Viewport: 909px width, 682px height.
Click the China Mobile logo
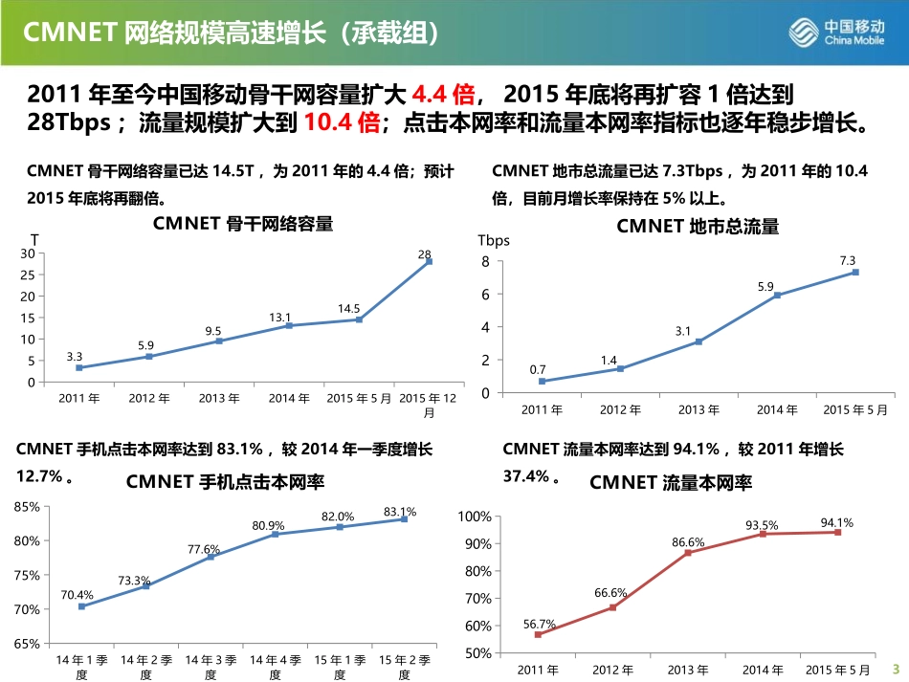coord(840,33)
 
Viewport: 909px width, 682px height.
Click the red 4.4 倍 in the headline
coord(443,95)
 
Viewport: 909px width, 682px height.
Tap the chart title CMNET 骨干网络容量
coord(242,225)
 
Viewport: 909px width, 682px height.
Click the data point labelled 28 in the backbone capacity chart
coord(429,261)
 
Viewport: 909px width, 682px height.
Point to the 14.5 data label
coord(348,308)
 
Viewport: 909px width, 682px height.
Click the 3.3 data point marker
coord(78,367)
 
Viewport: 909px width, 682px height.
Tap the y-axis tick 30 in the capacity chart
coord(27,253)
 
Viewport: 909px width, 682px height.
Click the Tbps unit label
coord(494,240)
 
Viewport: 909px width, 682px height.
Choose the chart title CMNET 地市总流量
coord(698,227)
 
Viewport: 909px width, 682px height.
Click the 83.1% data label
coord(400,512)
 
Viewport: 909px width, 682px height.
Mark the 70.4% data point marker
coord(81,606)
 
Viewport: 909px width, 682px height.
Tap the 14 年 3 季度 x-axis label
coord(211,667)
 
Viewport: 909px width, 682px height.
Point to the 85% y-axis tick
coord(27,507)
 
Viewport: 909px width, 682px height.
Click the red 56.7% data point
coord(538,634)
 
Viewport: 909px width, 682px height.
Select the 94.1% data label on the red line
coord(837,522)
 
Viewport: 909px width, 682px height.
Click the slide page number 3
coord(896,668)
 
